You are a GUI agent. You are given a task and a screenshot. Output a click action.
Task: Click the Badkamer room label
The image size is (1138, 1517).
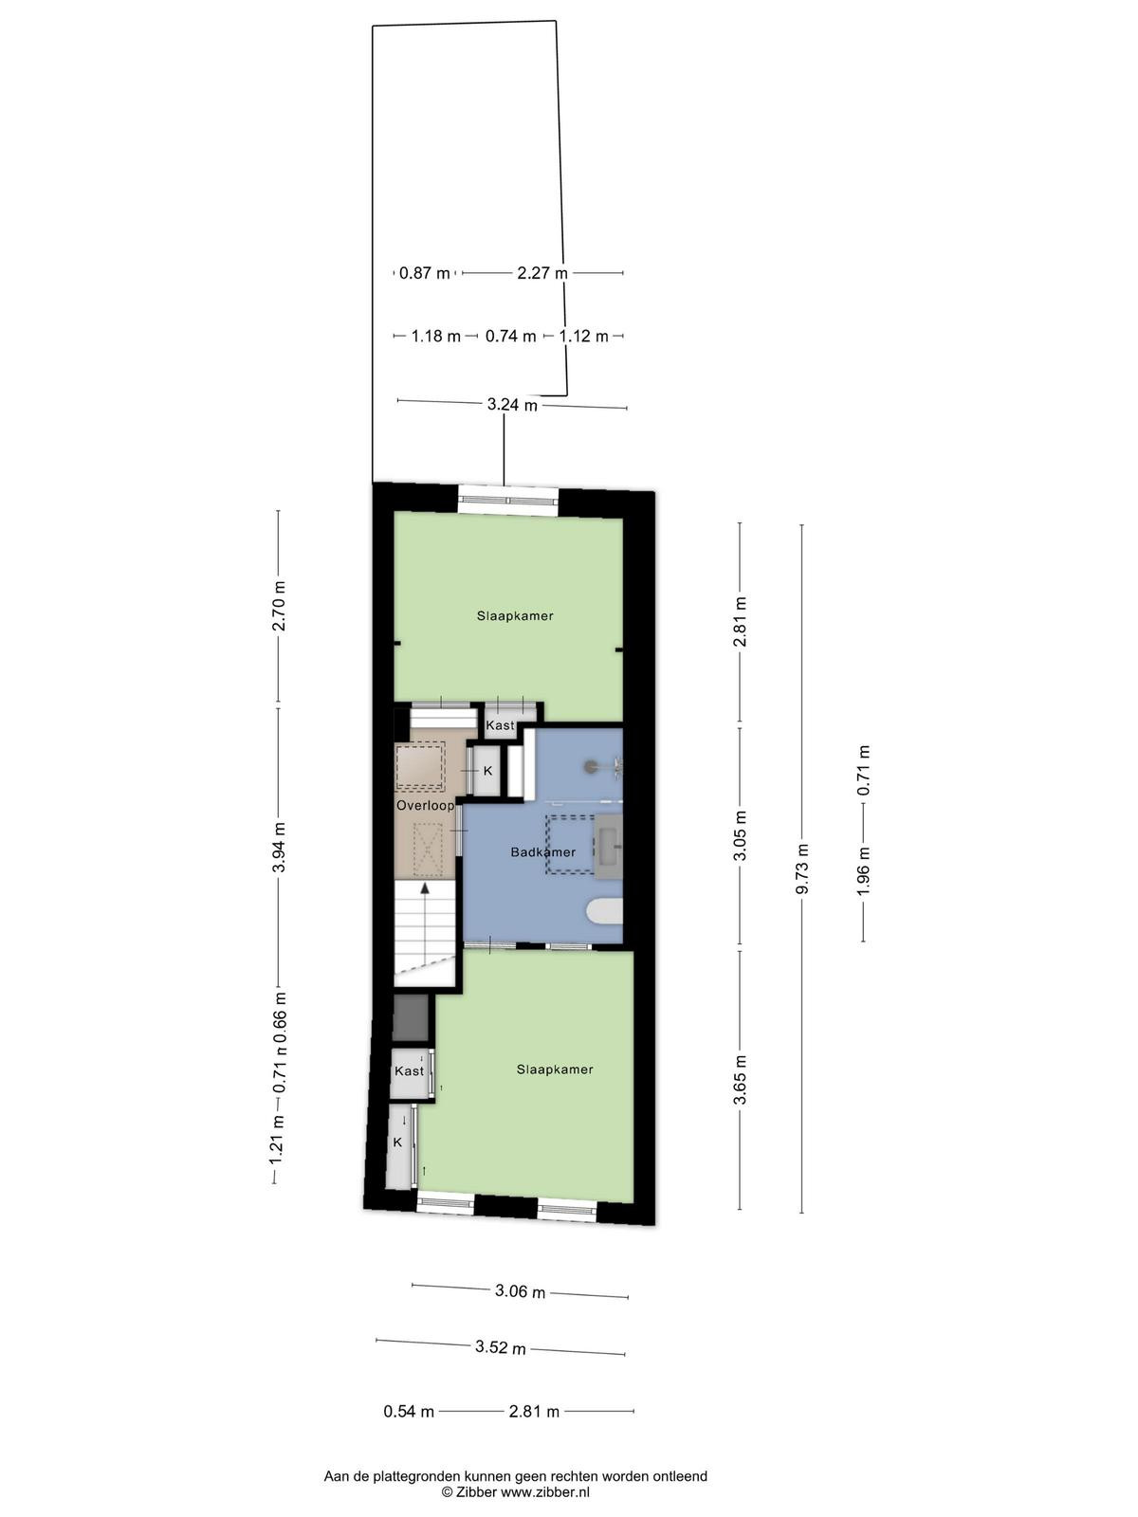click(x=543, y=852)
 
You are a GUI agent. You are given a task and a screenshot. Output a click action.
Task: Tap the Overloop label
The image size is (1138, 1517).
click(x=426, y=806)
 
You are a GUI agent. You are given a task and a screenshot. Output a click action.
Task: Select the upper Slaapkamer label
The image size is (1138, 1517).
click(x=516, y=615)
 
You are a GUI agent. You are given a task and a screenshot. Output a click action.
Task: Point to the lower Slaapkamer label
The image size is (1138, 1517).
click(x=555, y=1069)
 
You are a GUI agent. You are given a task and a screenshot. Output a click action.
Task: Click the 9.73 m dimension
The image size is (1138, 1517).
click(x=802, y=868)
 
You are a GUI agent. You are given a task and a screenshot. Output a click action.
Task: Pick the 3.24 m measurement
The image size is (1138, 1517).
click(x=512, y=404)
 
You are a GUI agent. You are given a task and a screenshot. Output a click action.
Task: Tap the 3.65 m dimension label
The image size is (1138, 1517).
click(x=740, y=1080)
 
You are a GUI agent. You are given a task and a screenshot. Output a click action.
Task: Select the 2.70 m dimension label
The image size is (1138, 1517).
click(x=279, y=606)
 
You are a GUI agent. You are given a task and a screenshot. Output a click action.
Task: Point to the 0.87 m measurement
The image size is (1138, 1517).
click(x=425, y=273)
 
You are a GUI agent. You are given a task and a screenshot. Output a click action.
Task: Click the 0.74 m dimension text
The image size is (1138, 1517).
click(x=510, y=337)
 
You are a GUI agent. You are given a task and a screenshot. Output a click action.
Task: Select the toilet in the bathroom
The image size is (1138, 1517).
click(x=605, y=911)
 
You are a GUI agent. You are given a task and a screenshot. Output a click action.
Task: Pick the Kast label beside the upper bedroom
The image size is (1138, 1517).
click(x=501, y=725)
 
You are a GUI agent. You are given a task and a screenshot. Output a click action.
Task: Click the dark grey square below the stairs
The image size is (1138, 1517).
click(x=411, y=1018)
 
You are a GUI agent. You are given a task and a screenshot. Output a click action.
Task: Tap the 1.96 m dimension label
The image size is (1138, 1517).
click(x=864, y=870)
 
